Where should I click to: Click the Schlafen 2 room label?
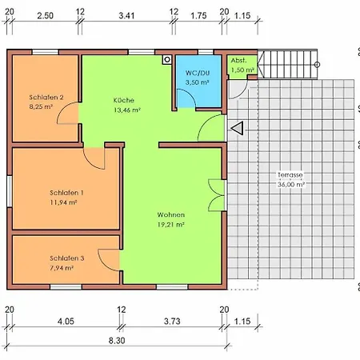point(46,98)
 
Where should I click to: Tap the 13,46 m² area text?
point(127,110)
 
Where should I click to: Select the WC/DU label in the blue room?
point(198,73)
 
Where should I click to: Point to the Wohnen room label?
point(171,214)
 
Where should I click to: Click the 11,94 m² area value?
point(63,202)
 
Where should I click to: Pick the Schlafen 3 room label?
point(67,258)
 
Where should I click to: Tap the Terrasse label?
point(290,175)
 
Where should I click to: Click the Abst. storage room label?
point(238,61)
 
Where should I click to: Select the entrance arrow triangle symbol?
point(238,128)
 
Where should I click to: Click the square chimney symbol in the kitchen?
point(167,60)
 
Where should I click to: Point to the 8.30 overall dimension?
point(117,341)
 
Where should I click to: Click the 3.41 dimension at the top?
point(126,15)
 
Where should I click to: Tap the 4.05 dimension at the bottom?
point(66,321)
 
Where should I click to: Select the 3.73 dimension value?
point(172,321)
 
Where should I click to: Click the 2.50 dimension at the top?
point(46,15)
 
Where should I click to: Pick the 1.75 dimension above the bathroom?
point(198,15)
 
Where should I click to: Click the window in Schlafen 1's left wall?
point(10,191)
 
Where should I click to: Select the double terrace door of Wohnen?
point(217,195)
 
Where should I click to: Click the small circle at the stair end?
point(317,65)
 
